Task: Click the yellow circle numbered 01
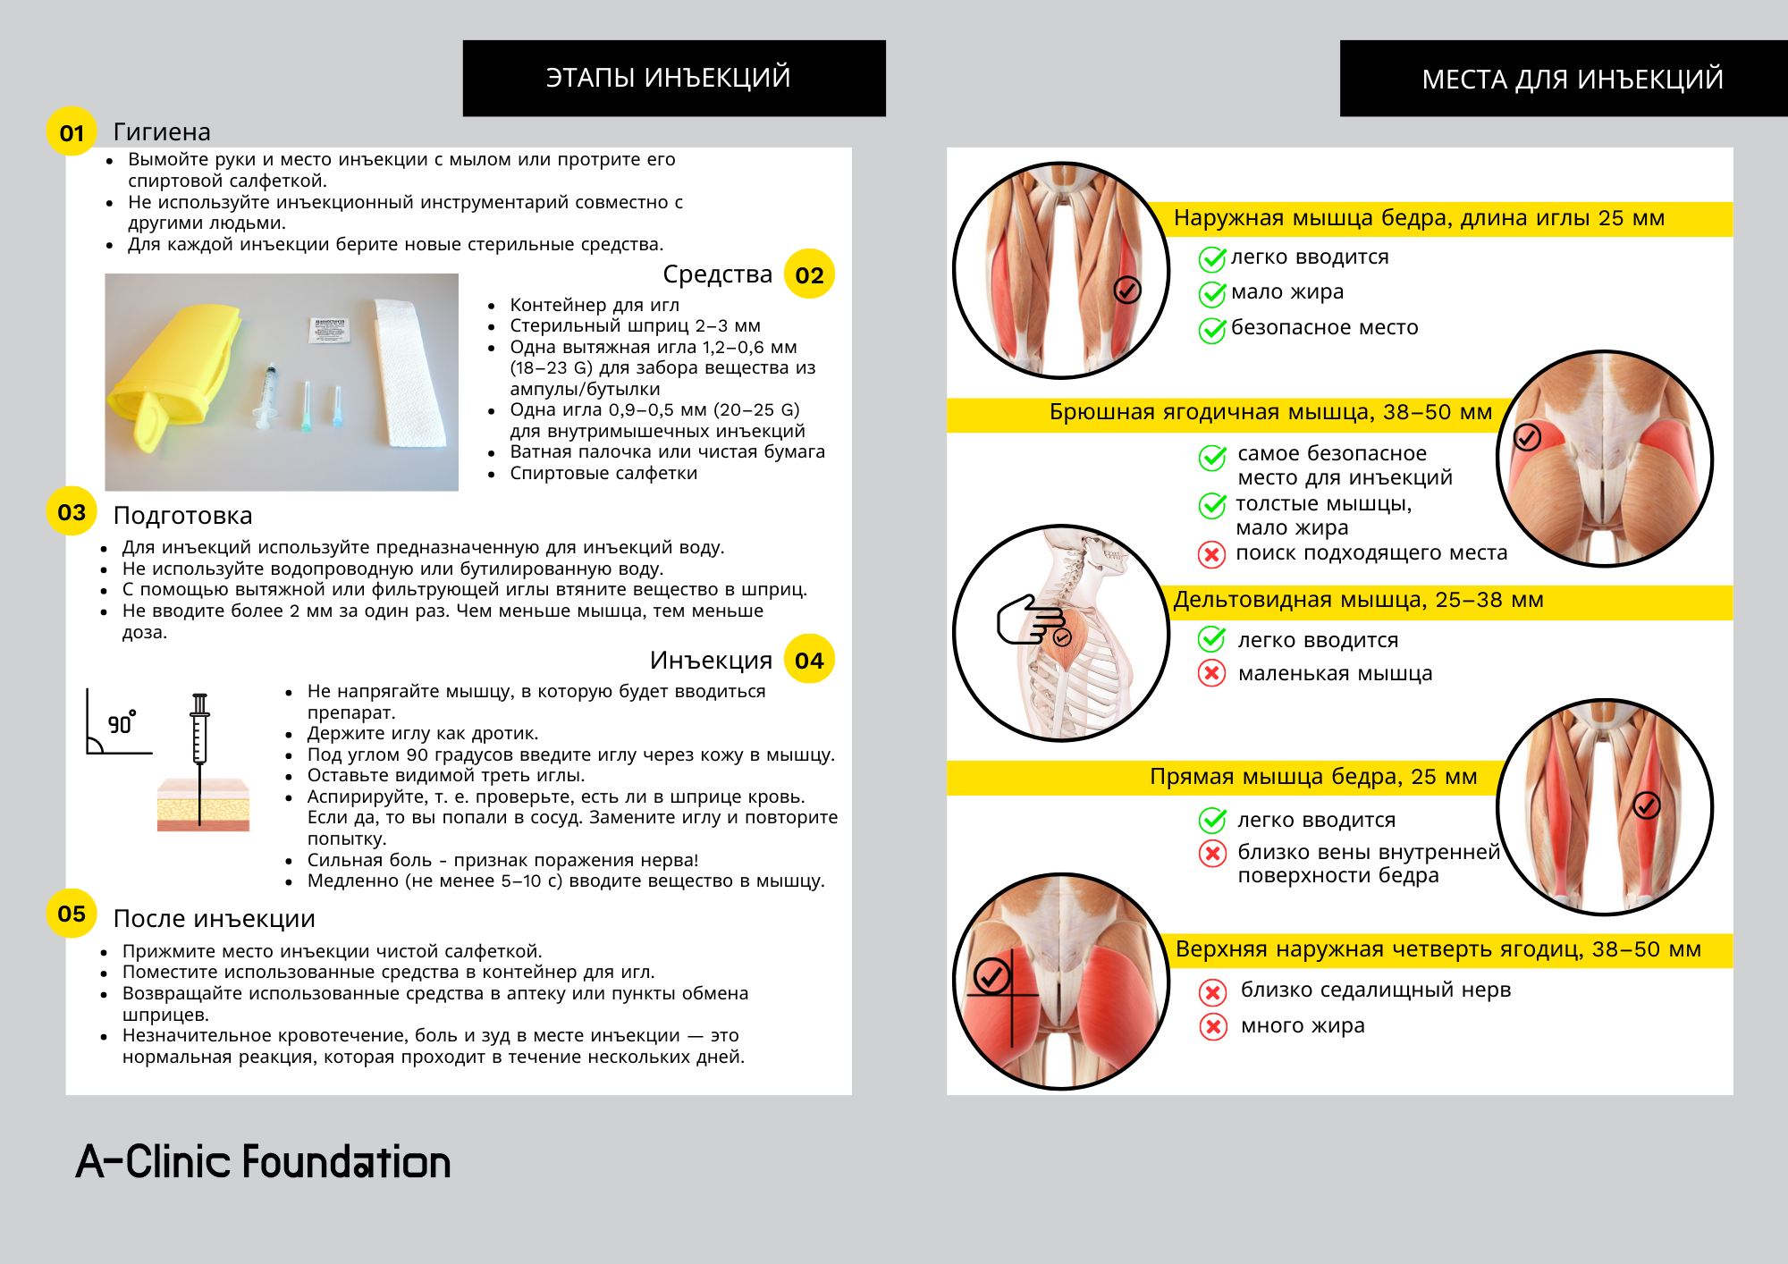(72, 132)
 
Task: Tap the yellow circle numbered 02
(809, 274)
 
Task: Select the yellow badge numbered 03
(72, 511)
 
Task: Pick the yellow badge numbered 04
(809, 660)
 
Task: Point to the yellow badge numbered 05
(72, 913)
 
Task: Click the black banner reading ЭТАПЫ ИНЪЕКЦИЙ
(674, 78)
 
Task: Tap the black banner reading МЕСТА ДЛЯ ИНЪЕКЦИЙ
(1563, 79)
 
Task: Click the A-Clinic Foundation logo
(264, 1161)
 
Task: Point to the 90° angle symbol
(119, 722)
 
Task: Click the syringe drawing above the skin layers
(200, 729)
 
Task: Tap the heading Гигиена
(162, 132)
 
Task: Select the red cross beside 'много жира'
(1212, 1026)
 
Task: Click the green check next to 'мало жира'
(1212, 293)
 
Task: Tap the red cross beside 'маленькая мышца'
(1211, 673)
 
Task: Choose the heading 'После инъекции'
(214, 919)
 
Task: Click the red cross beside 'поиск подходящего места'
(1211, 554)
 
